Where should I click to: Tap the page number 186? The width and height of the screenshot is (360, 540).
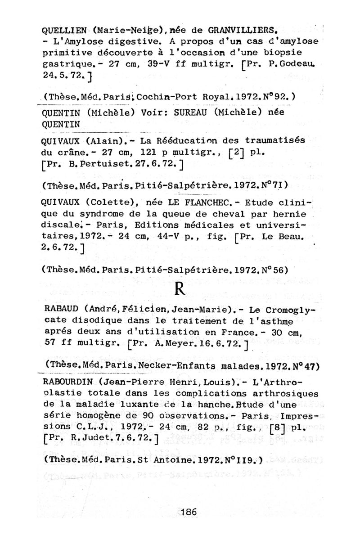pyautogui.click(x=189, y=511)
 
